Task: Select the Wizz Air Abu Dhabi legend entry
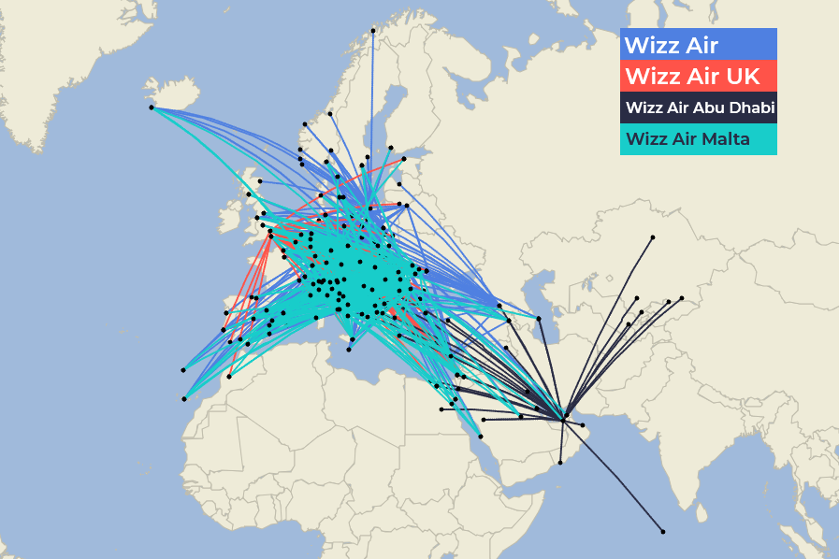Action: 699,107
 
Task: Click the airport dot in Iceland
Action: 152,107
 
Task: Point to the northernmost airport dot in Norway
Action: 373,31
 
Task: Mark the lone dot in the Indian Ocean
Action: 663,532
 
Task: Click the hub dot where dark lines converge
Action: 565,416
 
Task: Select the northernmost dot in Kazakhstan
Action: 652,237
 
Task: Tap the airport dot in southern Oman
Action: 562,461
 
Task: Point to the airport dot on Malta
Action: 349,351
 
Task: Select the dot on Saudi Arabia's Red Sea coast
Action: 481,436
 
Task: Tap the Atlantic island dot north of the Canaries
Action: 183,370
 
